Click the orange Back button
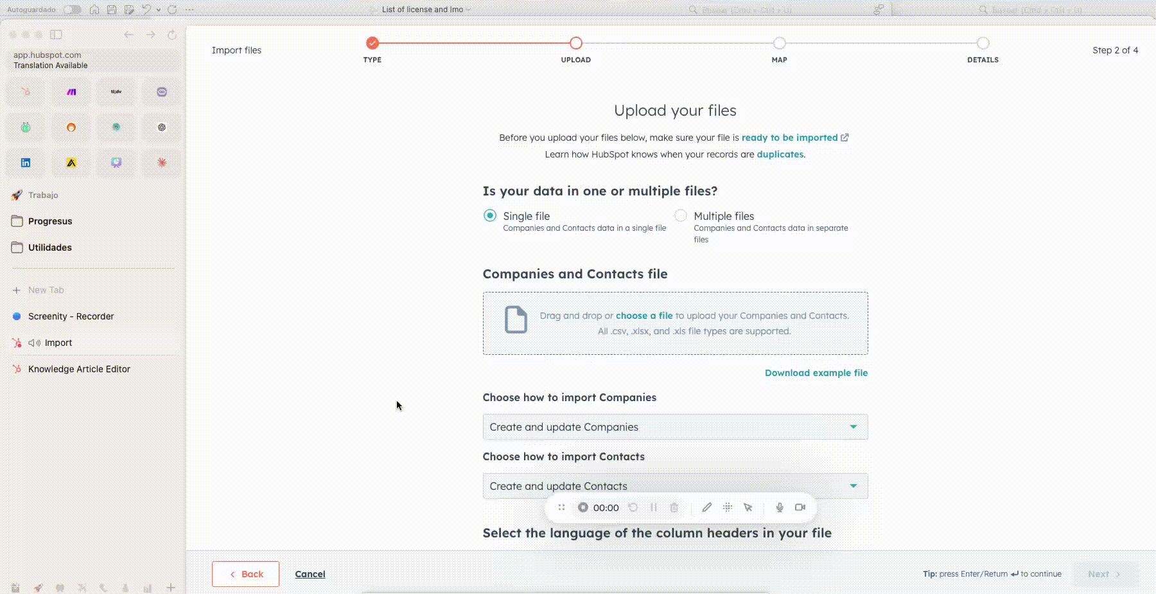[x=245, y=574]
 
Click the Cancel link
[x=310, y=574]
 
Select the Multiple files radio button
[x=681, y=216]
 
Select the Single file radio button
[x=490, y=216]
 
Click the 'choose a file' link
[x=644, y=316]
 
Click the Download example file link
[x=816, y=373]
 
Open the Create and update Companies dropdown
[x=675, y=427]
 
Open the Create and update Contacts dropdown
[x=675, y=486]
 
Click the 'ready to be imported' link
[x=789, y=138]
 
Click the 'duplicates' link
[x=780, y=154]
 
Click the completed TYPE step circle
[x=372, y=43]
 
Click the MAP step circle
[x=779, y=43]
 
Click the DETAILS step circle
[x=983, y=43]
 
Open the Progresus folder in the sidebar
[x=50, y=221]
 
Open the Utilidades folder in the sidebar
[x=50, y=248]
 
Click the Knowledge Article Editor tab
[x=79, y=369]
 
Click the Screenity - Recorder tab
[x=71, y=316]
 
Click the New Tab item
[x=46, y=290]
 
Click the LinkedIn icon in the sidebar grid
[x=26, y=163]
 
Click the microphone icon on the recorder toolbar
[x=780, y=507]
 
